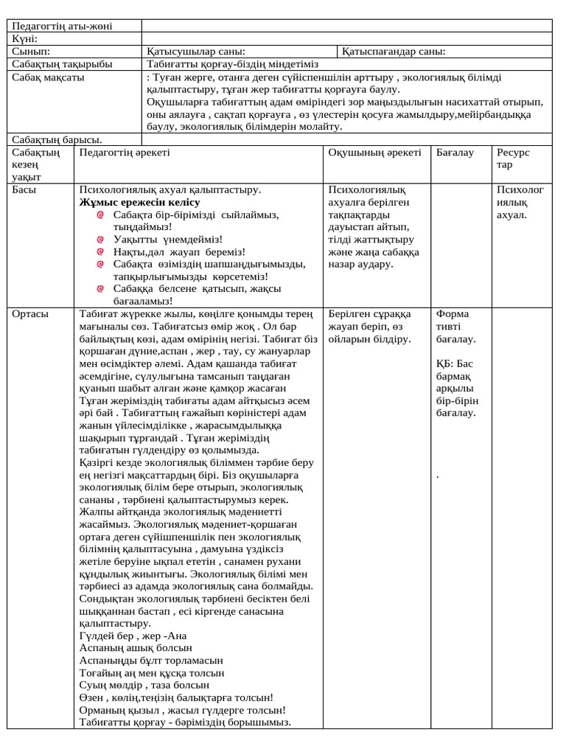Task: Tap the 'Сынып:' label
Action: (31, 52)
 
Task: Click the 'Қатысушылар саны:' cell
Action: (196, 52)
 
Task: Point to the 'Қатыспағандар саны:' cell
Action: (394, 52)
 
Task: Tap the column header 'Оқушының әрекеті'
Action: (374, 152)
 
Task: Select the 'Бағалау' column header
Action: (455, 152)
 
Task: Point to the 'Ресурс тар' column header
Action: (513, 158)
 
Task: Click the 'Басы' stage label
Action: (25, 189)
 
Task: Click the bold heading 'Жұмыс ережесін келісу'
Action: (139, 202)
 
